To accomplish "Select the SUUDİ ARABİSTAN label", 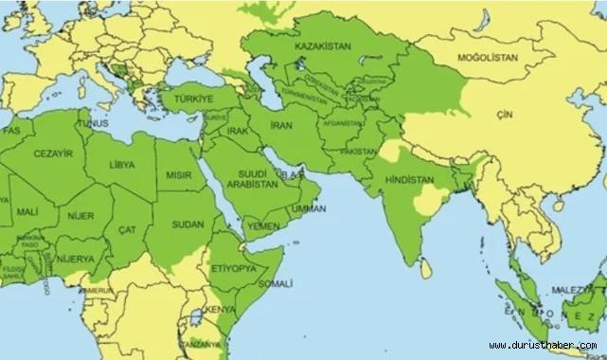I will coord(255,180).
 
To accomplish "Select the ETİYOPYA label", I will coord(232,269).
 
